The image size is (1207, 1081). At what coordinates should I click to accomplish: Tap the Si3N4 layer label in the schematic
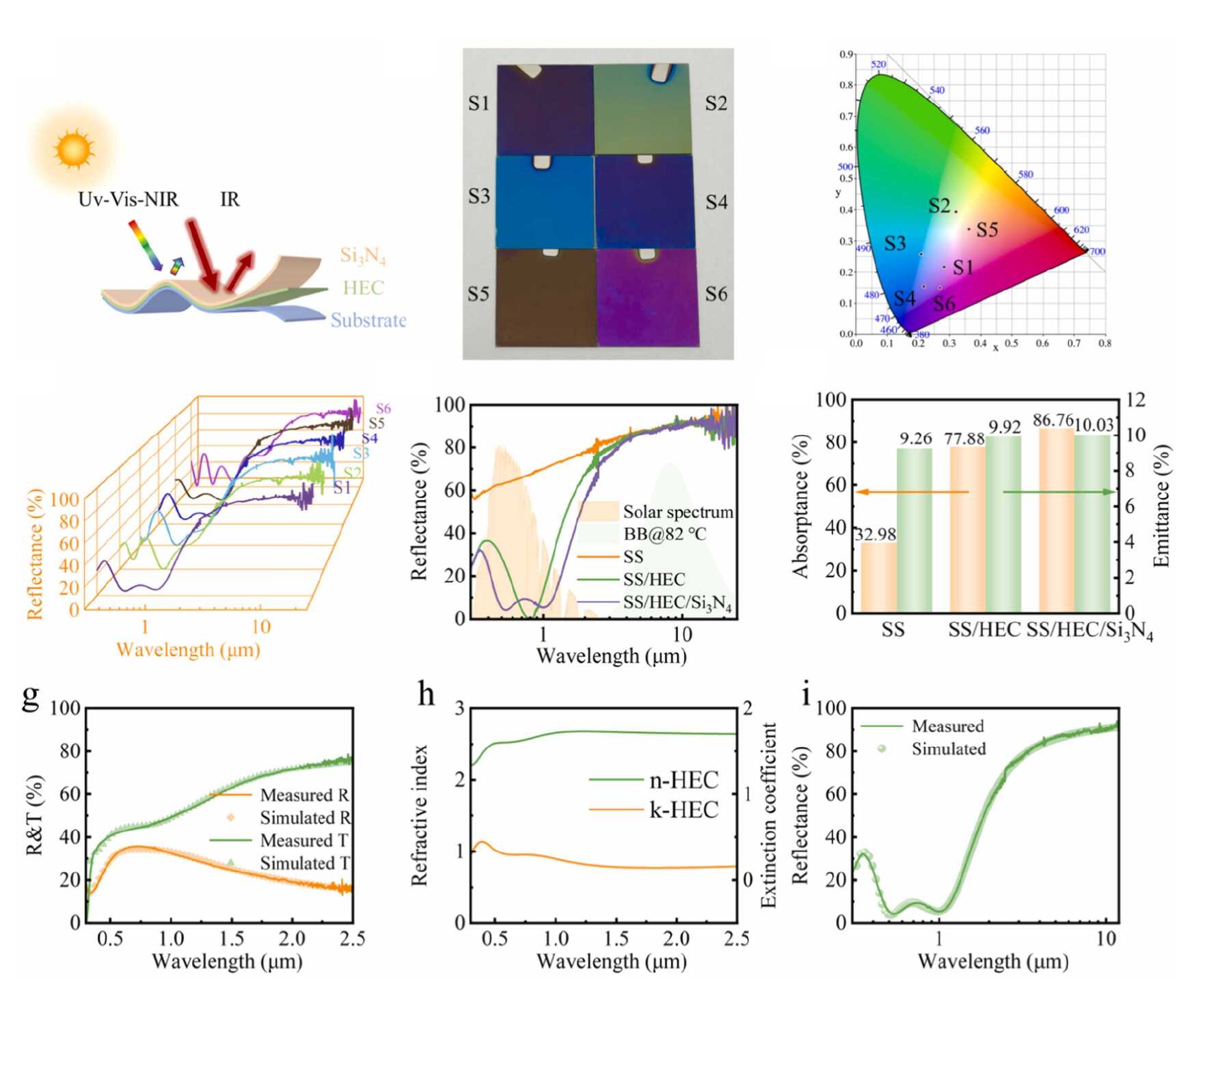click(363, 256)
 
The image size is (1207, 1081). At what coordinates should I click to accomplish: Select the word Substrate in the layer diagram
click(368, 320)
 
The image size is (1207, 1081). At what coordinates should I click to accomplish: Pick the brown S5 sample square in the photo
click(546, 297)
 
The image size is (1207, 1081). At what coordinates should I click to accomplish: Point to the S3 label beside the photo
click(479, 197)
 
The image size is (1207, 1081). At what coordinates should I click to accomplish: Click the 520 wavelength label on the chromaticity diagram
click(878, 64)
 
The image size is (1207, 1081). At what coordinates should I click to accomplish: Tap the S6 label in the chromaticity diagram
click(944, 303)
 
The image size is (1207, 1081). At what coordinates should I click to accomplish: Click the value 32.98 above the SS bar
click(876, 534)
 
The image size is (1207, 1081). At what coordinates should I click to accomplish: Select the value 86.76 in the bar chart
click(1053, 420)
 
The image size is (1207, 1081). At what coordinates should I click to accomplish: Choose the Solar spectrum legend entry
click(677, 512)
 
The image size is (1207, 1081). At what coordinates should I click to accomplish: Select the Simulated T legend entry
click(304, 863)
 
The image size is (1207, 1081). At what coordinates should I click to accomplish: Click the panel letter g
click(31, 695)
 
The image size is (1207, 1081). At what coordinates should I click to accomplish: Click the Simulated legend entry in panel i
click(948, 749)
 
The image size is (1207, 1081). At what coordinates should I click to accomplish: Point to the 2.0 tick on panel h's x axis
click(677, 938)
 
